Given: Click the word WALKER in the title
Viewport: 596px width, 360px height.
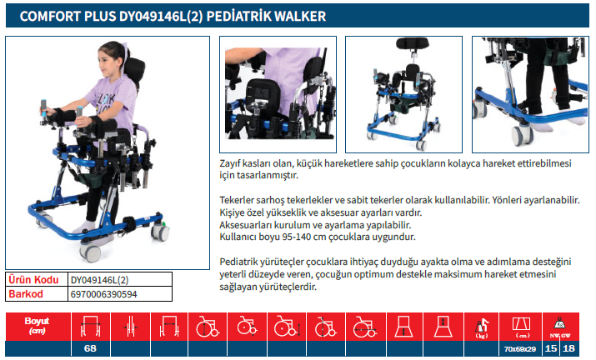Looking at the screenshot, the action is [300, 17].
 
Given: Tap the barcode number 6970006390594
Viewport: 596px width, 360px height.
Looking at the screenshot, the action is [103, 294].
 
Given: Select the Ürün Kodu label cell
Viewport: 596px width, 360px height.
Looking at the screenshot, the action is [37, 280].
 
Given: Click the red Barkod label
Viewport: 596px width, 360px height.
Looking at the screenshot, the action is [26, 294].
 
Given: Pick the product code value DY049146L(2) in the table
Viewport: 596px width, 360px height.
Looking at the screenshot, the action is [99, 280].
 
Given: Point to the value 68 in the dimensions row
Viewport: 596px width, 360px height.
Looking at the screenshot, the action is [90, 348].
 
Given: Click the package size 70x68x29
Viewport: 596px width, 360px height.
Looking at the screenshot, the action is [520, 349].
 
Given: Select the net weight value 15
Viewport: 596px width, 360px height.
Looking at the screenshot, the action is [550, 348].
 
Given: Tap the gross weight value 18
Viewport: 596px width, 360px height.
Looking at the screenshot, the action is [568, 348].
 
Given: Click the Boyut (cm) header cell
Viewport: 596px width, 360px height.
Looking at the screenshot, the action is [38, 327].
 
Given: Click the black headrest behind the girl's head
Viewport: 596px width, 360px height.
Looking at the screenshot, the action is [134, 71].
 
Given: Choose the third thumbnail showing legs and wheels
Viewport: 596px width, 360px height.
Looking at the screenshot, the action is [530, 95].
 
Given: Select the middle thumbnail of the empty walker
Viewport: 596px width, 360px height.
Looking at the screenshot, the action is [403, 95].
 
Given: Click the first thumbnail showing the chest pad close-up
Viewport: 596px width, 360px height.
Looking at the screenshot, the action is [278, 95].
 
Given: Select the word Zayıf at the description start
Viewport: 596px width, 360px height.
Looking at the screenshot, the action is [230, 164].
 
